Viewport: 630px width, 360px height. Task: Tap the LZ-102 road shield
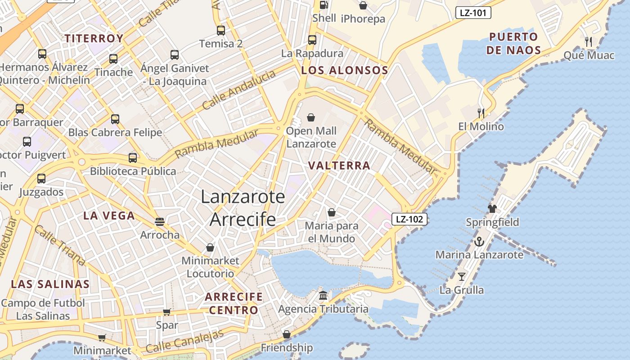(x=409, y=219)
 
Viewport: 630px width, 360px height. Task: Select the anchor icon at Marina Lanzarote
(x=479, y=242)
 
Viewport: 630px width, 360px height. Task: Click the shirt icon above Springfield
(x=492, y=208)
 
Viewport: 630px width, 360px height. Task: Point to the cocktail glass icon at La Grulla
(x=462, y=276)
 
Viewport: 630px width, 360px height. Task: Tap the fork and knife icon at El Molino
(x=481, y=113)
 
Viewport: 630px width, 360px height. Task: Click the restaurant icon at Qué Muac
(x=589, y=42)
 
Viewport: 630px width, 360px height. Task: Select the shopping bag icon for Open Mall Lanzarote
(x=311, y=118)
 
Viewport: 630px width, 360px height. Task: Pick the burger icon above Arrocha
(x=159, y=221)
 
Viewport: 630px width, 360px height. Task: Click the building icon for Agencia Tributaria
(x=323, y=296)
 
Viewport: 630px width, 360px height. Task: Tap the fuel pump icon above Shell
(x=324, y=5)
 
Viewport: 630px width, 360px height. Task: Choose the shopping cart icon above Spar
(x=166, y=312)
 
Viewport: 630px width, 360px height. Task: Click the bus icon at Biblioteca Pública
(x=132, y=158)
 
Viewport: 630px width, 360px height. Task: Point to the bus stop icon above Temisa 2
(x=220, y=31)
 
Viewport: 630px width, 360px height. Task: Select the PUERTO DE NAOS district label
(x=513, y=43)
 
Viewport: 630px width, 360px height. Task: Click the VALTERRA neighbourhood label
(x=339, y=166)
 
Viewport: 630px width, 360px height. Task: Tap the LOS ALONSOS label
(x=344, y=70)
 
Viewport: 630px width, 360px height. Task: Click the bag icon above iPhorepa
(x=363, y=5)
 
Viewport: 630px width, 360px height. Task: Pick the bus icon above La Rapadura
(x=312, y=40)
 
